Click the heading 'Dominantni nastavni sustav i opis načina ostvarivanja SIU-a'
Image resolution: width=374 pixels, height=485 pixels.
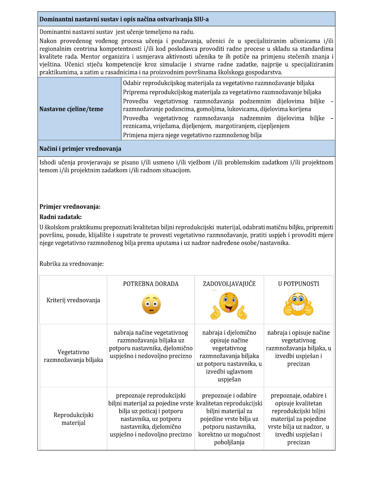pos(124,19)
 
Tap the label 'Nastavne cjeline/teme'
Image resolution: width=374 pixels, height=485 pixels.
pos(71,109)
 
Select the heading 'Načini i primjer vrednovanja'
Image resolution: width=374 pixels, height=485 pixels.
pos(80,149)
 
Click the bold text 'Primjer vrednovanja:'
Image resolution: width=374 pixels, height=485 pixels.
pos(70,207)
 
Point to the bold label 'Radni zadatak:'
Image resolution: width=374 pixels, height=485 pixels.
pos(60,217)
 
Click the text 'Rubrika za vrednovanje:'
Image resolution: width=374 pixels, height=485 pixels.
pos(72,264)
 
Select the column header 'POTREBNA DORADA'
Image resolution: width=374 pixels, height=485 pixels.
pos(151,284)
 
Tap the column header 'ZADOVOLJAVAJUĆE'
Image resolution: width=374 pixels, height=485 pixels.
pos(229,284)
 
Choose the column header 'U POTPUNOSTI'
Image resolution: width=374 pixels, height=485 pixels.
pos(298,284)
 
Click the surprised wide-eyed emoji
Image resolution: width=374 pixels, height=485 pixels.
pos(151,304)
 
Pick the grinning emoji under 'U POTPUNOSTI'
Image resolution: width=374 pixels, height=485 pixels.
pos(298,304)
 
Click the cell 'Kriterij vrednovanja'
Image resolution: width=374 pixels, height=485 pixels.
pos(73,300)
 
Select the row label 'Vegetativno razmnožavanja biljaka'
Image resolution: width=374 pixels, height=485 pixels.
pos(73,356)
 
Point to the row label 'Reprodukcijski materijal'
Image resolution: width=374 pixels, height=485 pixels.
pos(73,419)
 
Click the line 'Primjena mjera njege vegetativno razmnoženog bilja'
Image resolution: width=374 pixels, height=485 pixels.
pos(192,135)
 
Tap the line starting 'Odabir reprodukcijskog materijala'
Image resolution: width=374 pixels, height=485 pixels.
pos(218,83)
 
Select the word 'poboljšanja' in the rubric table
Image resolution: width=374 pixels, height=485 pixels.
pos(229,442)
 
